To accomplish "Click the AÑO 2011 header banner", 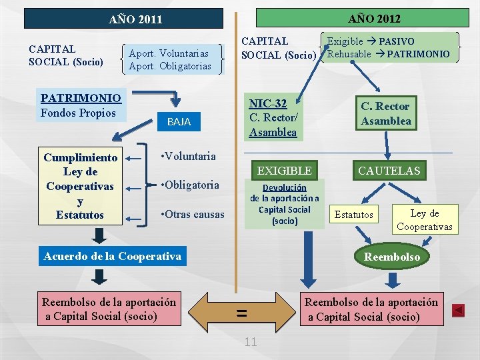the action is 123,19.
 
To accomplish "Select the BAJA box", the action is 179,122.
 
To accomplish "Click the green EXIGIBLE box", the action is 285,171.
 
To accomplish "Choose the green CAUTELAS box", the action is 389,171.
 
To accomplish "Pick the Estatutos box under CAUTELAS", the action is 354,214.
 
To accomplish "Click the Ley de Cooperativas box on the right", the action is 425,220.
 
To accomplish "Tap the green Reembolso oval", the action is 392,257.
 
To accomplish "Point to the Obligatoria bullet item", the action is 191,185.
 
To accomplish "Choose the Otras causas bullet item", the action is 193,215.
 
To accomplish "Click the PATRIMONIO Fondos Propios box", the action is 81,106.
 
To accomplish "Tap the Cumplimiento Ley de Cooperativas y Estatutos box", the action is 80,186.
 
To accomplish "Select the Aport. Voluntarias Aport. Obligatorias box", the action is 170,59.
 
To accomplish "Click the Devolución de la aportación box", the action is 285,204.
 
